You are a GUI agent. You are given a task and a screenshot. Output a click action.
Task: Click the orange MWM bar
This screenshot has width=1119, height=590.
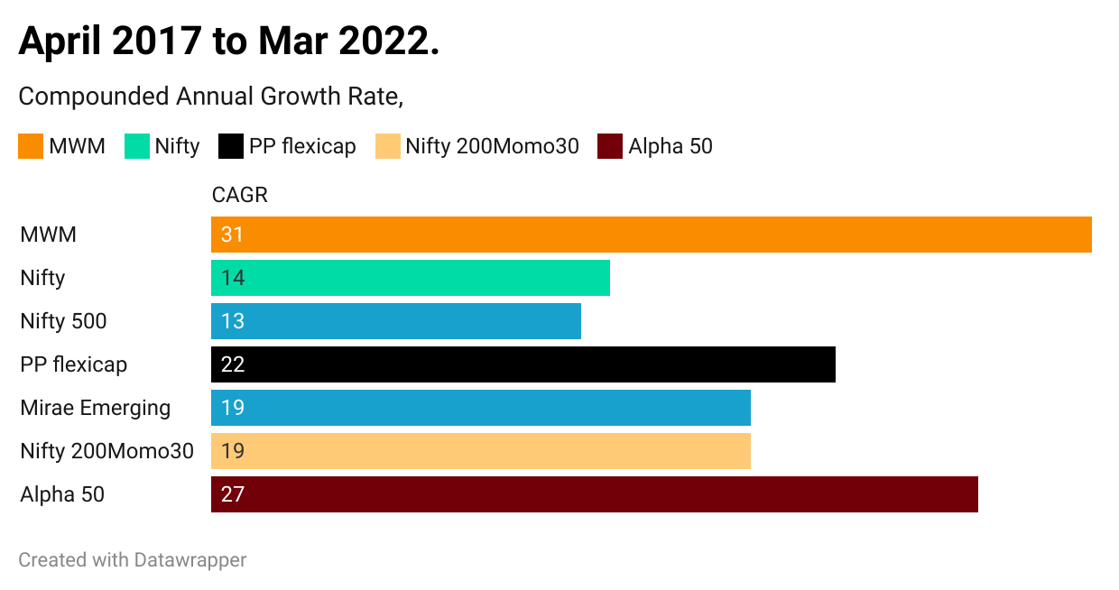[652, 235]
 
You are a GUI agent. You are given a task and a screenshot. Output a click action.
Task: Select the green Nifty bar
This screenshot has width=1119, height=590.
[411, 278]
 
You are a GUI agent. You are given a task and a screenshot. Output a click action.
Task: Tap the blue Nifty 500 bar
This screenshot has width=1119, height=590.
[396, 321]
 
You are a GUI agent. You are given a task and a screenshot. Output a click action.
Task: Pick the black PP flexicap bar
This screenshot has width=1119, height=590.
[523, 364]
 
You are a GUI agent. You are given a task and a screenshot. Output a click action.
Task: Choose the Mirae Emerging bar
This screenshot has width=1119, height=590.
[481, 408]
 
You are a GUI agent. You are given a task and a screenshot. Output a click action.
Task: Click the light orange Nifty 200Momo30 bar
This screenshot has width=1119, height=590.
[481, 451]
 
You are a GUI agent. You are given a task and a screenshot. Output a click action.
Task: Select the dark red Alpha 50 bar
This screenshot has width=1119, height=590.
[595, 494]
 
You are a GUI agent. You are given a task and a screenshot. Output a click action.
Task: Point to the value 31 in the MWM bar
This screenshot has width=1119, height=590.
[232, 235]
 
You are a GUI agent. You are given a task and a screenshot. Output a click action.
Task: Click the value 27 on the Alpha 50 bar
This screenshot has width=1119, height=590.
[233, 494]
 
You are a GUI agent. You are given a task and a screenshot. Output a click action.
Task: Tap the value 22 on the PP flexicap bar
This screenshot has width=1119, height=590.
[233, 364]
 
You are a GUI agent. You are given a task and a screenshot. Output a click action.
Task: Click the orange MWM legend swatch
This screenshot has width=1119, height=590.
[31, 146]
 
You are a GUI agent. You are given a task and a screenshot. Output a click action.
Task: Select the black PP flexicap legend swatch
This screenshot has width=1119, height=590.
[231, 146]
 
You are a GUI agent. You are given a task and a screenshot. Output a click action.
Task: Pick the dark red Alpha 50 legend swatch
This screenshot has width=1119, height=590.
[610, 146]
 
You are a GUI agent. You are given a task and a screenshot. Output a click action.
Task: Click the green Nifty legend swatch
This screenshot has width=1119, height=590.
[137, 146]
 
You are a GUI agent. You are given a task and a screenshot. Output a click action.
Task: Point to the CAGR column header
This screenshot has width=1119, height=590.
[240, 195]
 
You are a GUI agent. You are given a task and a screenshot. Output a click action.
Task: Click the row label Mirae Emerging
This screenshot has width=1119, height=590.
[96, 408]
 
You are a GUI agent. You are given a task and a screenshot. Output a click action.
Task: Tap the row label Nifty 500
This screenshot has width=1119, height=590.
[63, 321]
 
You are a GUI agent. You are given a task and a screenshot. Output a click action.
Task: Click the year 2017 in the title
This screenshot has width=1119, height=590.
[157, 41]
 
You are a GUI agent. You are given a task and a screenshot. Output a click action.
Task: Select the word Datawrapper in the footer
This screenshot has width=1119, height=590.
[190, 560]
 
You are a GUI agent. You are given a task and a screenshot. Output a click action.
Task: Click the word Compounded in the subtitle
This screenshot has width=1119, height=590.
[94, 97]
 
